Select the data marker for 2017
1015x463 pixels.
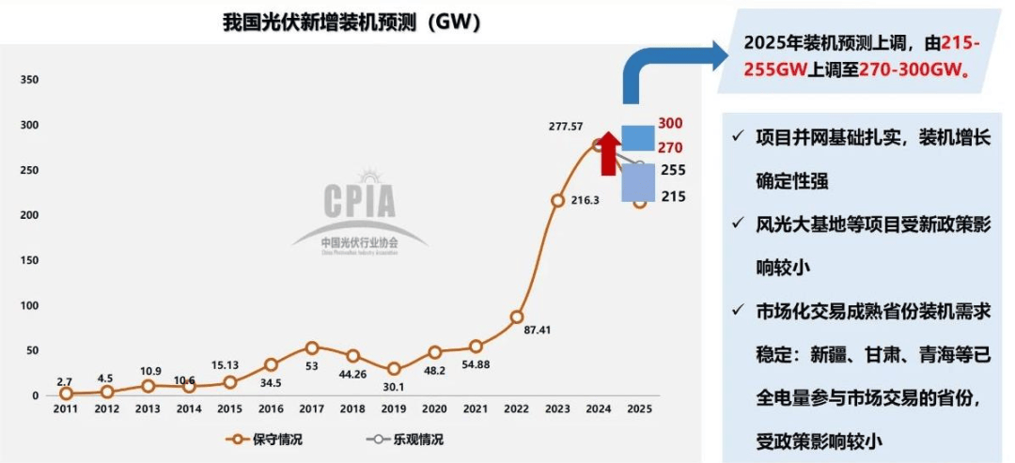(312, 348)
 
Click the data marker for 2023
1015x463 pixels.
(557, 200)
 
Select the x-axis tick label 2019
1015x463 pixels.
(394, 409)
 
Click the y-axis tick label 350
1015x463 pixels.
(29, 80)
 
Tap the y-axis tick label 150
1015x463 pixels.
(29, 260)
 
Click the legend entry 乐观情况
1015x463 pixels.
(405, 439)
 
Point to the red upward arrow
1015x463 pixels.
(608, 152)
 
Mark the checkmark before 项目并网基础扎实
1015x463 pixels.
(739, 137)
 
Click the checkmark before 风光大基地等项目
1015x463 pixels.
(739, 224)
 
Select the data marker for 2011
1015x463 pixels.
(66, 394)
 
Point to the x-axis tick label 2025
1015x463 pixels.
(639, 409)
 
